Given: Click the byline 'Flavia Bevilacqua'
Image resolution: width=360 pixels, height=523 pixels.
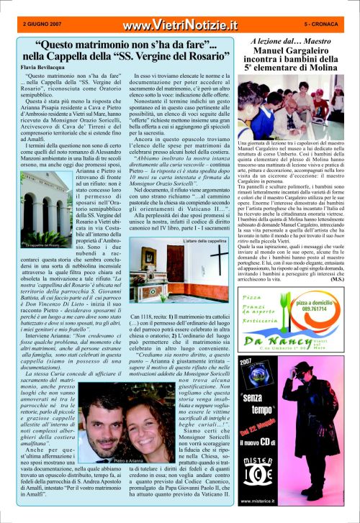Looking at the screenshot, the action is click(x=36, y=66).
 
